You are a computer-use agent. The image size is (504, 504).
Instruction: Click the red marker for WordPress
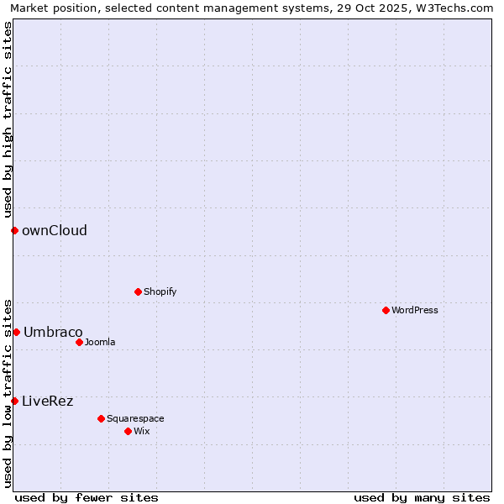click(386, 310)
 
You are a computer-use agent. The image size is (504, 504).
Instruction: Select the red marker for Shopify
click(138, 291)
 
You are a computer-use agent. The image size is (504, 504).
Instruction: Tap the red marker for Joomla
click(79, 342)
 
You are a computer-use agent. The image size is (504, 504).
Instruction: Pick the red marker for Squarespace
click(101, 418)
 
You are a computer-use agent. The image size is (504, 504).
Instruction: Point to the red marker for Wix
click(128, 431)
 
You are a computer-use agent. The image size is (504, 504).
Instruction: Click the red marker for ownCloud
click(14, 230)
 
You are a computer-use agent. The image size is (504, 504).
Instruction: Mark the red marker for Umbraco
click(16, 332)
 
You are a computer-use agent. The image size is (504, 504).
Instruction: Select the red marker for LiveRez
click(14, 401)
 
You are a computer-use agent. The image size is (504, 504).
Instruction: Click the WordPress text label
click(415, 310)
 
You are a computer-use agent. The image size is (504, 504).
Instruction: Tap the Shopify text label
click(160, 291)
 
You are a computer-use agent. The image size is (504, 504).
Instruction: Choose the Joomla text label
click(100, 342)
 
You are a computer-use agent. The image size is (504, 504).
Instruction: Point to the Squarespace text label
click(135, 418)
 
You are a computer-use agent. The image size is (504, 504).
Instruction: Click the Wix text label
click(142, 431)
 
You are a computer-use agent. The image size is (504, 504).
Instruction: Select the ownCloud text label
click(55, 230)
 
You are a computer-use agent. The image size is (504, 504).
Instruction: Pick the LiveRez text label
click(48, 401)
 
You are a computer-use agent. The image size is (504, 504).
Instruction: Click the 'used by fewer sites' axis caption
click(87, 497)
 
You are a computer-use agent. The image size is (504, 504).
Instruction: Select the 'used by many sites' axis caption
click(422, 497)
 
